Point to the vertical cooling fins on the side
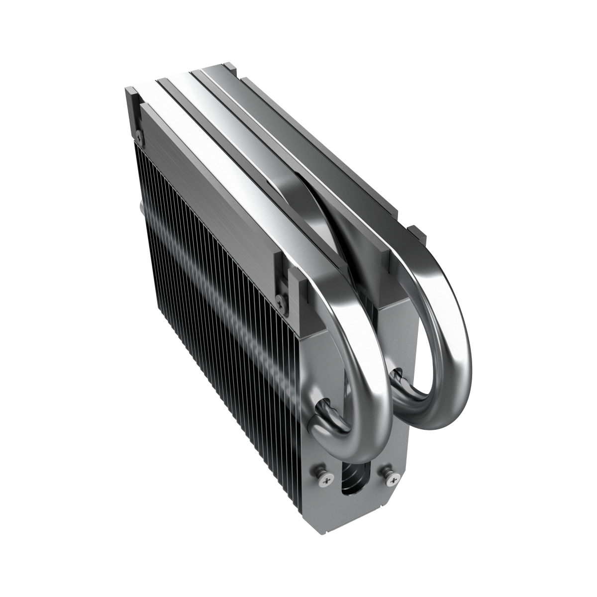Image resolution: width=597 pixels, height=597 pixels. click(x=209, y=279)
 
